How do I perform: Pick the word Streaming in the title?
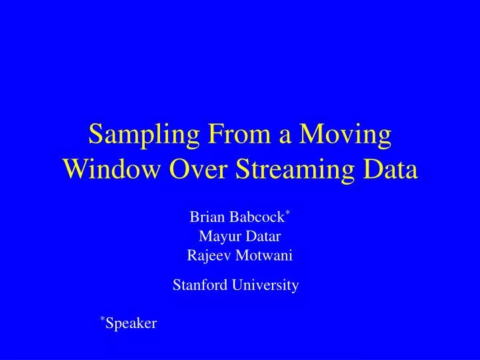coord(296,171)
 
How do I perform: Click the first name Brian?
coord(206,217)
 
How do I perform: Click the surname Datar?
coord(263,236)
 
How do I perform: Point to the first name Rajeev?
coord(207,255)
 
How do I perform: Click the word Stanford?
coord(197,285)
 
